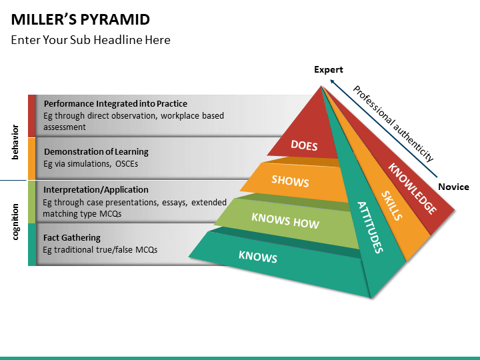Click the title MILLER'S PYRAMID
pos(81,19)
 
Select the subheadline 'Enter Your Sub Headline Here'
pos(91,40)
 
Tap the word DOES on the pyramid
pos(304,145)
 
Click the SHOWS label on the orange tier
pos(290,181)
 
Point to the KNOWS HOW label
pos(285,221)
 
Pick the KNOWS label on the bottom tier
pos(258,257)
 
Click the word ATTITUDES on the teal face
pos(371,227)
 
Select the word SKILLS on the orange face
pos(391,205)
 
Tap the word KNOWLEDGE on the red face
pos(413,189)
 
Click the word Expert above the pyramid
pos(329,69)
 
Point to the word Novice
pos(454,187)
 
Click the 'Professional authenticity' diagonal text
pos(393,123)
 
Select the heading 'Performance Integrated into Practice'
pos(115,104)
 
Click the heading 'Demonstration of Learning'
pos(96,152)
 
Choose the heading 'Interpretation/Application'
pos(96,190)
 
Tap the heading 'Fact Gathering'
pos(72,237)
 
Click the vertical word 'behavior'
pos(15,143)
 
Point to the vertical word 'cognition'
pos(15,222)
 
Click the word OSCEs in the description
pos(127,164)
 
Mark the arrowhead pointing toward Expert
pos(332,82)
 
